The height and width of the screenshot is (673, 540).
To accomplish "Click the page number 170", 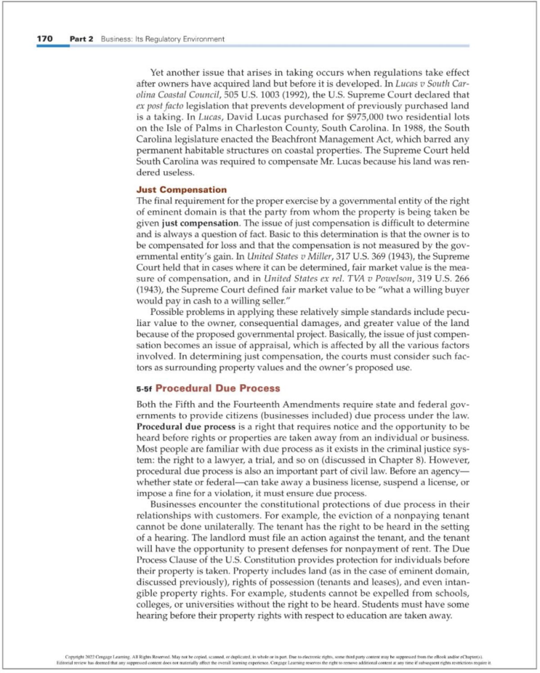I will (45, 39).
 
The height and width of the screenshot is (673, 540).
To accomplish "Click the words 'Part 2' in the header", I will (81, 39).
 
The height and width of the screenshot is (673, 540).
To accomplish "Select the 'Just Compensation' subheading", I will (181, 189).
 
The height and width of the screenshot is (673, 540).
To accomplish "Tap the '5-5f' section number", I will (144, 389).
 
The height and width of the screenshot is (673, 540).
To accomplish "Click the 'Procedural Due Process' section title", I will (218, 388).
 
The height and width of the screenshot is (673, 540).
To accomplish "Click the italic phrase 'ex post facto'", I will (160, 106).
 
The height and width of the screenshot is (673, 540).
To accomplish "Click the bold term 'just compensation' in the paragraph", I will (200, 223).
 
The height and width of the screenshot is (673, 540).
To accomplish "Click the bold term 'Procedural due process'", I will (186, 426).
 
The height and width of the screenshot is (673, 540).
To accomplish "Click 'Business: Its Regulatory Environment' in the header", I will (162, 39).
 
